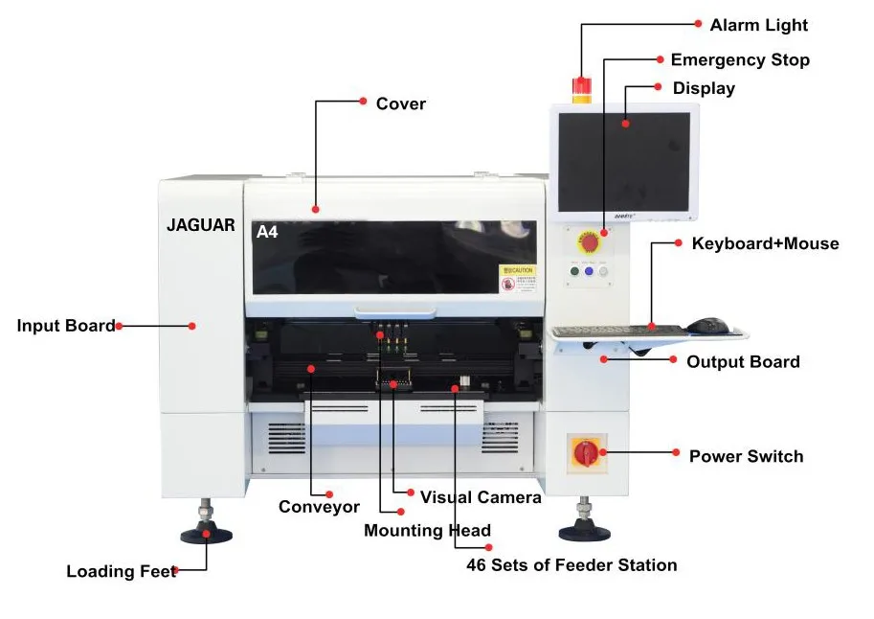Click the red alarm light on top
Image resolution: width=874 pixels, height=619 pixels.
580,88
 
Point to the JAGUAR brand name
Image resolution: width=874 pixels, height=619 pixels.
200,225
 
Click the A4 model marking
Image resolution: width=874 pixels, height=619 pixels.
267,232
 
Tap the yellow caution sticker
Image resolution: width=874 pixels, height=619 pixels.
518,278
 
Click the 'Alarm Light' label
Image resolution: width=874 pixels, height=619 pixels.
758,25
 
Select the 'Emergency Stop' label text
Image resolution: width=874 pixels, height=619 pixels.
739,59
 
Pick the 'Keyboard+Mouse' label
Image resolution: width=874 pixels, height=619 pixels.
765,243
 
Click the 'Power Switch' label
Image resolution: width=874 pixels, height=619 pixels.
746,456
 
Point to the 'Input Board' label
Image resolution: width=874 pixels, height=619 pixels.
65,326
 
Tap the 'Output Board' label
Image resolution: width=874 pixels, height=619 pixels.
742,362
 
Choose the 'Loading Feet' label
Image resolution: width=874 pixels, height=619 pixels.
121,572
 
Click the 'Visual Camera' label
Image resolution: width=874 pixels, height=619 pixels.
481,497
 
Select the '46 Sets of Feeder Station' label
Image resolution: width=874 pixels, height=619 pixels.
571,565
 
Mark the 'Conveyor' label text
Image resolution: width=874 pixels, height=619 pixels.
319,507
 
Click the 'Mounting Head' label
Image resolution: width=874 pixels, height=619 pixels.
427,531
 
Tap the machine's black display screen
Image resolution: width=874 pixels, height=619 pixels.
623,161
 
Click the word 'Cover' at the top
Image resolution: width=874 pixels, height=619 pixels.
400,103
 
